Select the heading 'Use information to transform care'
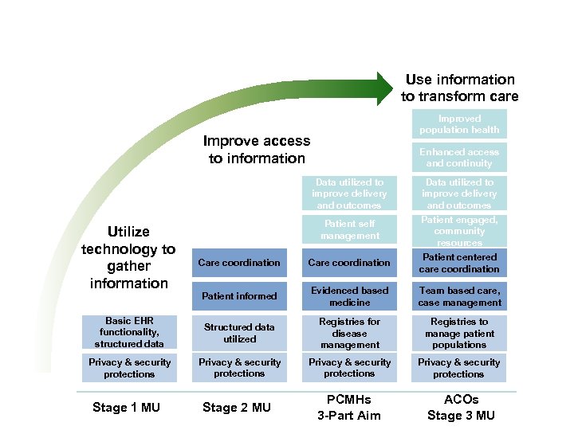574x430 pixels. tap(459, 88)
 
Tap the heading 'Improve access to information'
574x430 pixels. tap(257, 150)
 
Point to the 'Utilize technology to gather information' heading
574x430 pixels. tap(128, 257)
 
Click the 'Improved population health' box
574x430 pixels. tap(459, 124)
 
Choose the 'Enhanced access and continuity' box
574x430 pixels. tap(459, 158)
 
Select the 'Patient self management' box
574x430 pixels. tap(349, 230)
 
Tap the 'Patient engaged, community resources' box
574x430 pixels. tap(459, 231)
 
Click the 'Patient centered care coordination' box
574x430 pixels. tap(459, 263)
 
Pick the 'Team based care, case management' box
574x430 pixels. tap(459, 296)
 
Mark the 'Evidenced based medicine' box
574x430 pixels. tap(349, 296)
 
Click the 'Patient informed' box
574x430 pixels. tap(239, 296)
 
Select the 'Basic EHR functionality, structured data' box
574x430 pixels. tap(128, 333)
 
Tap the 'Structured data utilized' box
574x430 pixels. tap(239, 333)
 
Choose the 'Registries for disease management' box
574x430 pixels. tap(349, 333)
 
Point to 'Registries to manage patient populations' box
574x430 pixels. tap(459, 333)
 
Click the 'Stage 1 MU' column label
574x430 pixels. tap(126, 408)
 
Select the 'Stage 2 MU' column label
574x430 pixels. tap(237, 408)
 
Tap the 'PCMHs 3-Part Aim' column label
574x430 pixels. tap(349, 407)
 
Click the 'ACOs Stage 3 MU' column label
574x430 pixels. tap(461, 407)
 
